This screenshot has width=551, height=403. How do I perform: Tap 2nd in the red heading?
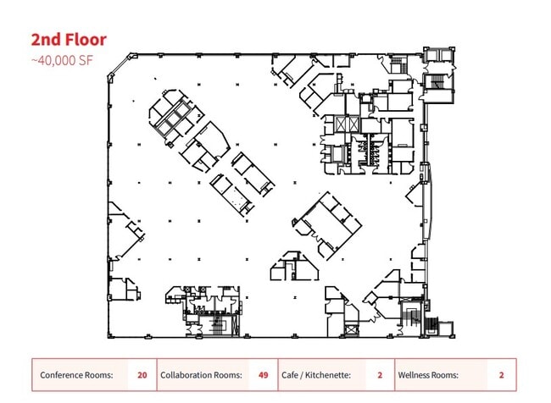46,39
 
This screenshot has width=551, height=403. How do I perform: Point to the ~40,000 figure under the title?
53,61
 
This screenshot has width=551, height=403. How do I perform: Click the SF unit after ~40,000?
86,61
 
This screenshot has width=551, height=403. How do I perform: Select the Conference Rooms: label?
76,375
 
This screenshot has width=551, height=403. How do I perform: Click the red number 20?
142,375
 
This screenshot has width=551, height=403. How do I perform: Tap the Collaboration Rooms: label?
202,375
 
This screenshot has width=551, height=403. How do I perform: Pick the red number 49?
263,375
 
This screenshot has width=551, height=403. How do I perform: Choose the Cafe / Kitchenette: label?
316,375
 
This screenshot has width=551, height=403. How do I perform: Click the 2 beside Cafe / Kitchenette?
380,375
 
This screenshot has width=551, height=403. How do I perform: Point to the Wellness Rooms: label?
428,375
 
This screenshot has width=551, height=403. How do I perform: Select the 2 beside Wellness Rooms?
502,375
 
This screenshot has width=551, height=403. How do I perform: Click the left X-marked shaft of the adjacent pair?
342,124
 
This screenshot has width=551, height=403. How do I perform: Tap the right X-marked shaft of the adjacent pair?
353,124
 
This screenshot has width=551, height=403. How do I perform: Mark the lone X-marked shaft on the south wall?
352,330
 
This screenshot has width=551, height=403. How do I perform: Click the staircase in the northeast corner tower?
437,82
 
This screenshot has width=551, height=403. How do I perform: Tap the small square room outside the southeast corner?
445,329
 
